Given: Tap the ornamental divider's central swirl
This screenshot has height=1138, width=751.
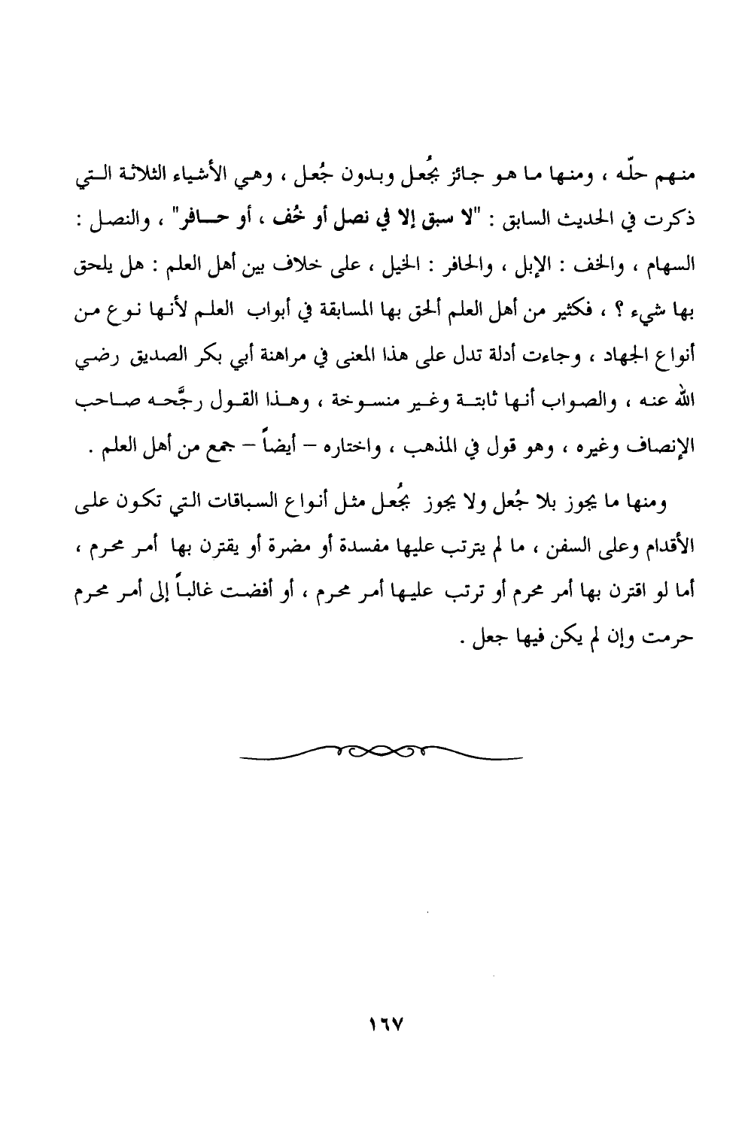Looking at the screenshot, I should (382, 753).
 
